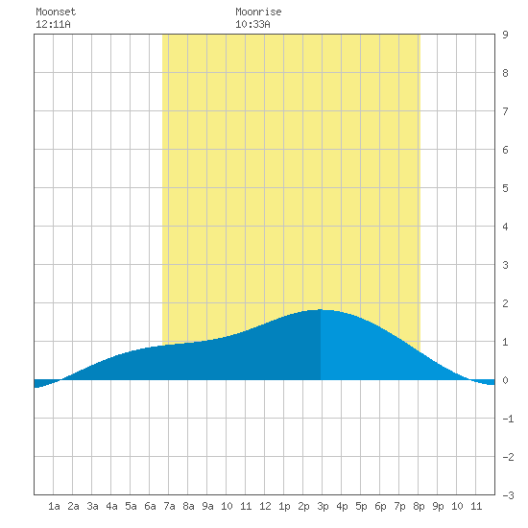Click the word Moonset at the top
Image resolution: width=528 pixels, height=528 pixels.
point(56,12)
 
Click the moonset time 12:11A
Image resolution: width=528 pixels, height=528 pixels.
point(53,24)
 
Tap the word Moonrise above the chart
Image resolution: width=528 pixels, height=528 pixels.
point(258,12)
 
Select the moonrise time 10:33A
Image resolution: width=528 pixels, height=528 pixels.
point(252,24)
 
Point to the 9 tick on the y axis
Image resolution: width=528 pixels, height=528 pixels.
point(505,35)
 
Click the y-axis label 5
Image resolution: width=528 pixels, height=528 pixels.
point(505,188)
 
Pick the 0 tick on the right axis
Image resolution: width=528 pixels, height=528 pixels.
point(505,380)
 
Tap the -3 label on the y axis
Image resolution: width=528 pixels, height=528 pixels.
point(508,495)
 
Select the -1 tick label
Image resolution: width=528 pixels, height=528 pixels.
point(508,419)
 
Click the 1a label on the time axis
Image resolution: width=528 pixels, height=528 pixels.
point(54,506)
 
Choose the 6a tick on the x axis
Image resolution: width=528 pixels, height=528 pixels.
point(150,506)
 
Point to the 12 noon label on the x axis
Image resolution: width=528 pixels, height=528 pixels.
point(265,506)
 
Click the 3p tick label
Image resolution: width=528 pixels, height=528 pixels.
point(323,506)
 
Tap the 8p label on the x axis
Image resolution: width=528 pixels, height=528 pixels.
point(419,506)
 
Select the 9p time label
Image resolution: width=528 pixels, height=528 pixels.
point(438,506)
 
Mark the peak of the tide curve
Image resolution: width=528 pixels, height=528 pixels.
point(321,309)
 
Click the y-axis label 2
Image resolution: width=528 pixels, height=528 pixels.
point(505,303)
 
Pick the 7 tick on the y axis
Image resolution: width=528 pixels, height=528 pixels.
point(505,111)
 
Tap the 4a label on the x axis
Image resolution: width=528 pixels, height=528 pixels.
point(111,506)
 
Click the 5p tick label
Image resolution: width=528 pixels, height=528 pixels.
point(361,506)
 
